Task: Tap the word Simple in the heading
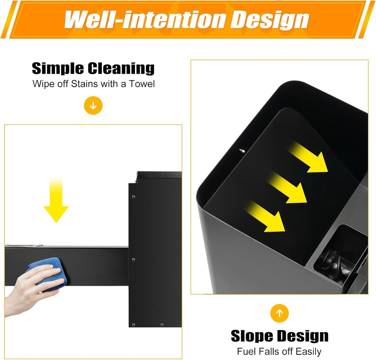[x=58, y=69]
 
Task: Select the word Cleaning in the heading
[x=121, y=69]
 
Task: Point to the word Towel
[x=142, y=84]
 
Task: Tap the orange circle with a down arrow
[x=93, y=105]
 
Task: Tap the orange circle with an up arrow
[x=279, y=313]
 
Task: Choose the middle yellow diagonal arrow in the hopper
[x=287, y=187]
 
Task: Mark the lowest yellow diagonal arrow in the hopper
[x=265, y=216]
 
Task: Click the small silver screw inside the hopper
[x=242, y=151]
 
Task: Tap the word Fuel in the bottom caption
[x=245, y=352]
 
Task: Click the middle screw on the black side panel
[x=134, y=259]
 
